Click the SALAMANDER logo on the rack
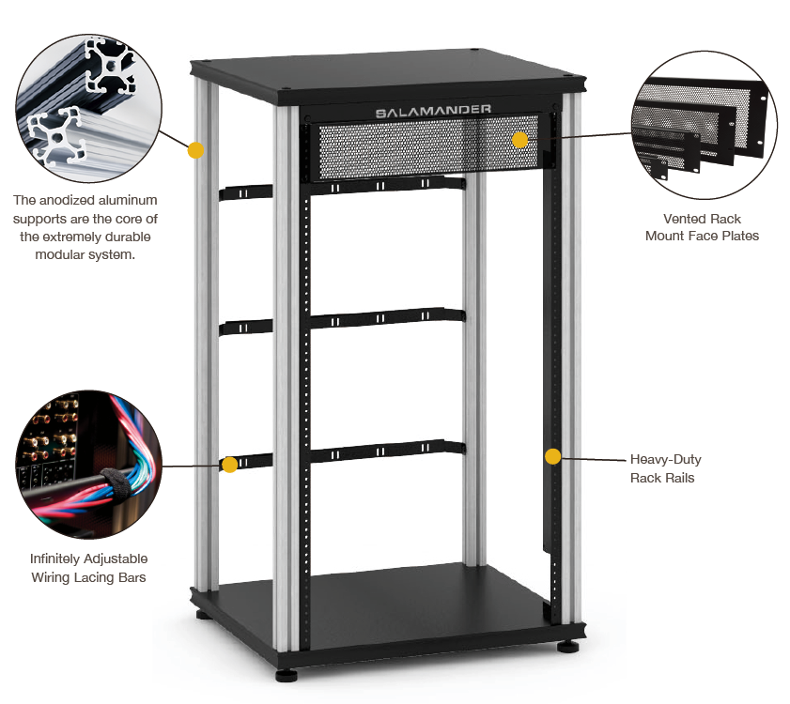pyautogui.click(x=433, y=111)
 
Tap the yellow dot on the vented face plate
pyautogui.click(x=519, y=140)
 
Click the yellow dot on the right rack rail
pyautogui.click(x=552, y=457)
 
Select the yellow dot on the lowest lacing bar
pyautogui.click(x=229, y=464)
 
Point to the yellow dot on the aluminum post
pyautogui.click(x=196, y=149)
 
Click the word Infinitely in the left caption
pyautogui.click(x=60, y=559)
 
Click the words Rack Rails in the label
pyautogui.click(x=665, y=479)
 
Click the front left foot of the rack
pyautogui.click(x=287, y=673)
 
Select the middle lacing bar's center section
pyautogui.click(x=385, y=320)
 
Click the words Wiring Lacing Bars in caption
pyautogui.click(x=88, y=577)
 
